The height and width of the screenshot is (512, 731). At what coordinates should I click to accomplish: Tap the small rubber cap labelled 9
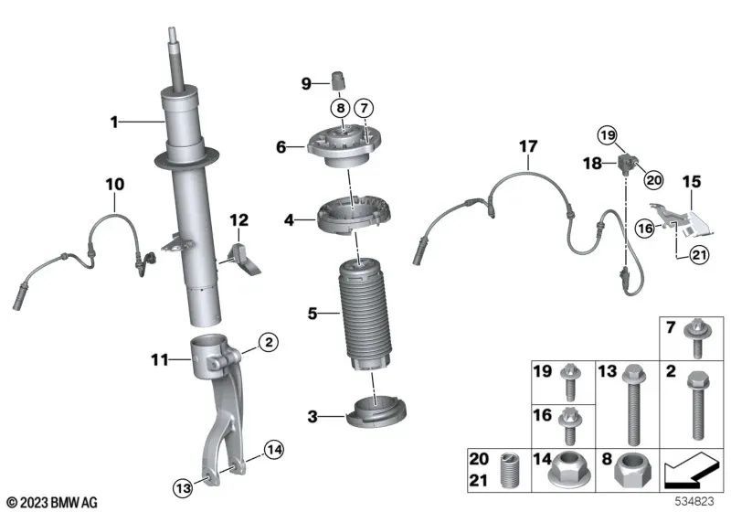click(x=339, y=83)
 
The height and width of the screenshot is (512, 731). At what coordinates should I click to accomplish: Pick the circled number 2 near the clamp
click(x=267, y=342)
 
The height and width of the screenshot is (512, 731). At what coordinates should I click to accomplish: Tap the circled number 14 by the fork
click(x=274, y=447)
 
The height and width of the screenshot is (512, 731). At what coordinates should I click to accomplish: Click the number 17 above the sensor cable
click(x=529, y=146)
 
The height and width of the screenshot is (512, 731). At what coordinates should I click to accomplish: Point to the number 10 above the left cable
click(x=114, y=185)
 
